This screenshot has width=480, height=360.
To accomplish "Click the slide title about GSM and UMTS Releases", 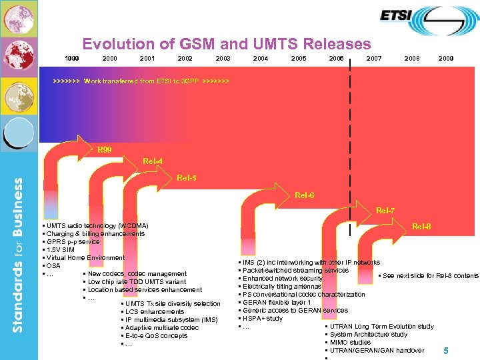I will pyautogui.click(x=226, y=45).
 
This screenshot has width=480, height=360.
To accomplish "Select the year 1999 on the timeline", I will pyautogui.click(x=72, y=59).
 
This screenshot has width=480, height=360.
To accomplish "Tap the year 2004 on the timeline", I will pyautogui.click(x=261, y=59).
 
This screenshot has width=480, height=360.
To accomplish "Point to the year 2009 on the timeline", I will pyautogui.click(x=446, y=59).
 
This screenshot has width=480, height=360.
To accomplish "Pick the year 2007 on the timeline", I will pyautogui.click(x=374, y=59).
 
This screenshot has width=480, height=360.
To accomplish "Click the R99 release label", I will pyautogui.click(x=105, y=149).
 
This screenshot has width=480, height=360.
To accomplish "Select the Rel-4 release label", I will pyautogui.click(x=153, y=161).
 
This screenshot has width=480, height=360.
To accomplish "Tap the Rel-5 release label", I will pyautogui.click(x=187, y=178).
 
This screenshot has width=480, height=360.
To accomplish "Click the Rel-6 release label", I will pyautogui.click(x=305, y=195).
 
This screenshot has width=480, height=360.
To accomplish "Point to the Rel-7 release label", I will pyautogui.click(x=385, y=211).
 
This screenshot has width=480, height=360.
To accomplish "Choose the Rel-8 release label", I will pyautogui.click(x=421, y=227).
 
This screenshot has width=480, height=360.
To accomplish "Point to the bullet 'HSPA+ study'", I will pyautogui.click(x=263, y=319).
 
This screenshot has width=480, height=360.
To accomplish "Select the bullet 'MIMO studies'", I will pyautogui.click(x=351, y=343).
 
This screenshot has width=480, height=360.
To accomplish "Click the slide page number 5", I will pyautogui.click(x=446, y=350).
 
